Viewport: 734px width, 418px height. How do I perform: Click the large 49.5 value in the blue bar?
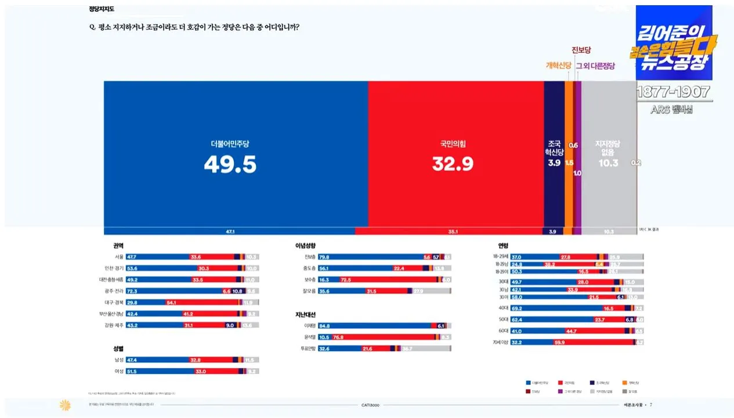[x=230, y=164]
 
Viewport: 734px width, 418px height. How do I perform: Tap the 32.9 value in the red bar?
[x=453, y=164]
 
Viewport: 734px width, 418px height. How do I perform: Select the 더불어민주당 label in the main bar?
[x=230, y=143]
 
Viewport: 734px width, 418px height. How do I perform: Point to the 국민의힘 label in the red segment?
[x=453, y=143]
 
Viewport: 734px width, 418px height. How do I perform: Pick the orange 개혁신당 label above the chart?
[x=559, y=66]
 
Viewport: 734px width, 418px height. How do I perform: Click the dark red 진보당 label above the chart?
[x=581, y=50]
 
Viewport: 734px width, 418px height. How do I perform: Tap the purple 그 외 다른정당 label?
[x=595, y=66]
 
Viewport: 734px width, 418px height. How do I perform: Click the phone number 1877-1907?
[x=673, y=92]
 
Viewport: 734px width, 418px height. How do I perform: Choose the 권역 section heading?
[x=118, y=246]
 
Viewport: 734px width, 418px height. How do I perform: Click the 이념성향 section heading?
[x=305, y=246]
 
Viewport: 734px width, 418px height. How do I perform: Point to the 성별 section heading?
[x=118, y=349]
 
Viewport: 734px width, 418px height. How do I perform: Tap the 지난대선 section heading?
[x=305, y=315]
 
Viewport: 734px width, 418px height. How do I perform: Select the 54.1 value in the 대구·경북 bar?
[x=171, y=302]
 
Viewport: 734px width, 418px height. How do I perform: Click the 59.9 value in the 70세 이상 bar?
[x=559, y=343]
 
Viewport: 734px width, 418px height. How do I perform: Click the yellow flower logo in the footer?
[x=64, y=404]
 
